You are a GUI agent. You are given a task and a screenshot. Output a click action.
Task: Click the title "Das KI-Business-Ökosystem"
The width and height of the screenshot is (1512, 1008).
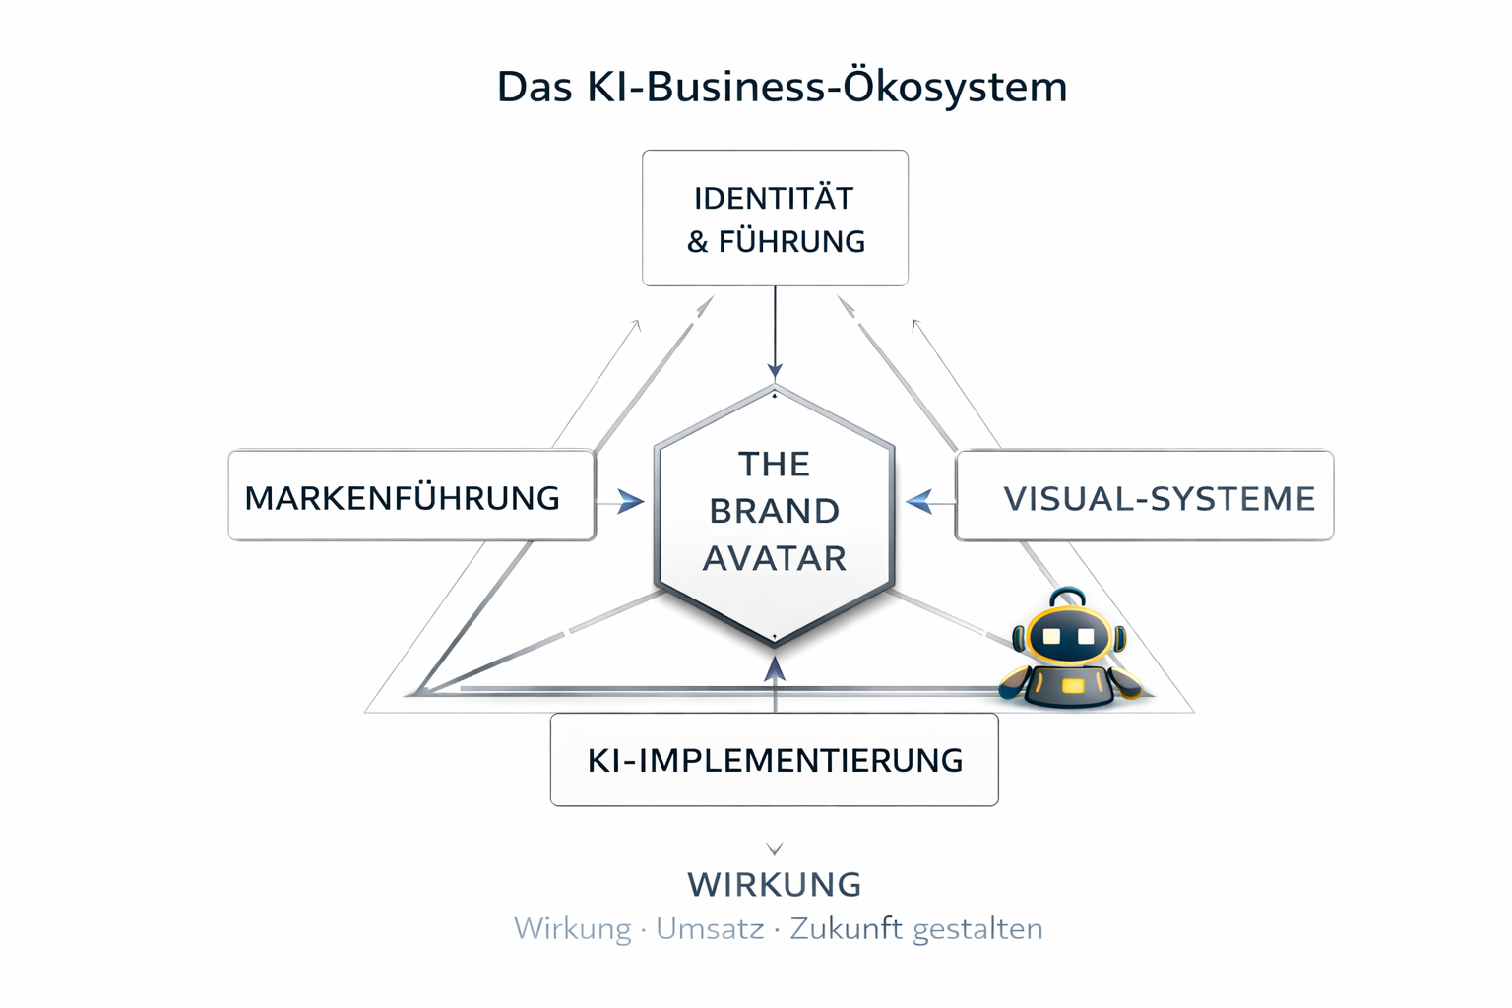[782, 87]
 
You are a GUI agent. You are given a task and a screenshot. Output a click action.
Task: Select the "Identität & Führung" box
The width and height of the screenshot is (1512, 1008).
[775, 219]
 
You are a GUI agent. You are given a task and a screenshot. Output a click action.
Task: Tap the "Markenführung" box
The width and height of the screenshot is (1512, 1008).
[411, 497]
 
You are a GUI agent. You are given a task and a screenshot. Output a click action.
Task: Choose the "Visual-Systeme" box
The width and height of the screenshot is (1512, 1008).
[1144, 497]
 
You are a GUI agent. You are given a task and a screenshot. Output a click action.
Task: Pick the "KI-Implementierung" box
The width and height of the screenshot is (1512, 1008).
[775, 760]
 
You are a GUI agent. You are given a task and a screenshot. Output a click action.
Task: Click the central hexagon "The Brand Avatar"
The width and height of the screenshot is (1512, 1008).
[775, 513]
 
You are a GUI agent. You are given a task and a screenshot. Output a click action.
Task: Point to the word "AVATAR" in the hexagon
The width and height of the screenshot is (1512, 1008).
[775, 559]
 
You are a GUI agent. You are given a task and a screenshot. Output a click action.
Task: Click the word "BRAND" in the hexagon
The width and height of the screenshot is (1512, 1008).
[775, 512]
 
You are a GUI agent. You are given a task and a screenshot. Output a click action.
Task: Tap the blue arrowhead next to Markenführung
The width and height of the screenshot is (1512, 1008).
[631, 502]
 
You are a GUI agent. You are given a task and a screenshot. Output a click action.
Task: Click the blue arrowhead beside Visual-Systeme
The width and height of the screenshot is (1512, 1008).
[919, 502]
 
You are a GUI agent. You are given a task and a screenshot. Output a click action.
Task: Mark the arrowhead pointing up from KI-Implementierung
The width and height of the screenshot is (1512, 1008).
[775, 670]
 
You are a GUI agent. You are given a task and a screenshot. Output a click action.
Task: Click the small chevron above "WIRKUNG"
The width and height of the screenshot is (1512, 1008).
[775, 849]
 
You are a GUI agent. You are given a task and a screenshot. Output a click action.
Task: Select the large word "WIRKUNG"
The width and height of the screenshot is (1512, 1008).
[775, 885]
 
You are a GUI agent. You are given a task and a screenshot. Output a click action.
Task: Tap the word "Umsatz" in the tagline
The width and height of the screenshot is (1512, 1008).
[710, 929]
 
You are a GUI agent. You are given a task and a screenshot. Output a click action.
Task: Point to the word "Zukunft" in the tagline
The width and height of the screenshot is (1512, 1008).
[847, 929]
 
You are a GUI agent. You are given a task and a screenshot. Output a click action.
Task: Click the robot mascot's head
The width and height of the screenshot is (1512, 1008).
[1069, 636]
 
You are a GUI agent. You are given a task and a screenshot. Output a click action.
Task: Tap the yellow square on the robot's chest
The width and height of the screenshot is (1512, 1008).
[1073, 685]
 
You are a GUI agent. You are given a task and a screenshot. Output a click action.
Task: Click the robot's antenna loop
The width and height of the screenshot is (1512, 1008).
[1068, 598]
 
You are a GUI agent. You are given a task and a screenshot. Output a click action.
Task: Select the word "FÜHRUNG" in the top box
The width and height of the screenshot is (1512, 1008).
[791, 242]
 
